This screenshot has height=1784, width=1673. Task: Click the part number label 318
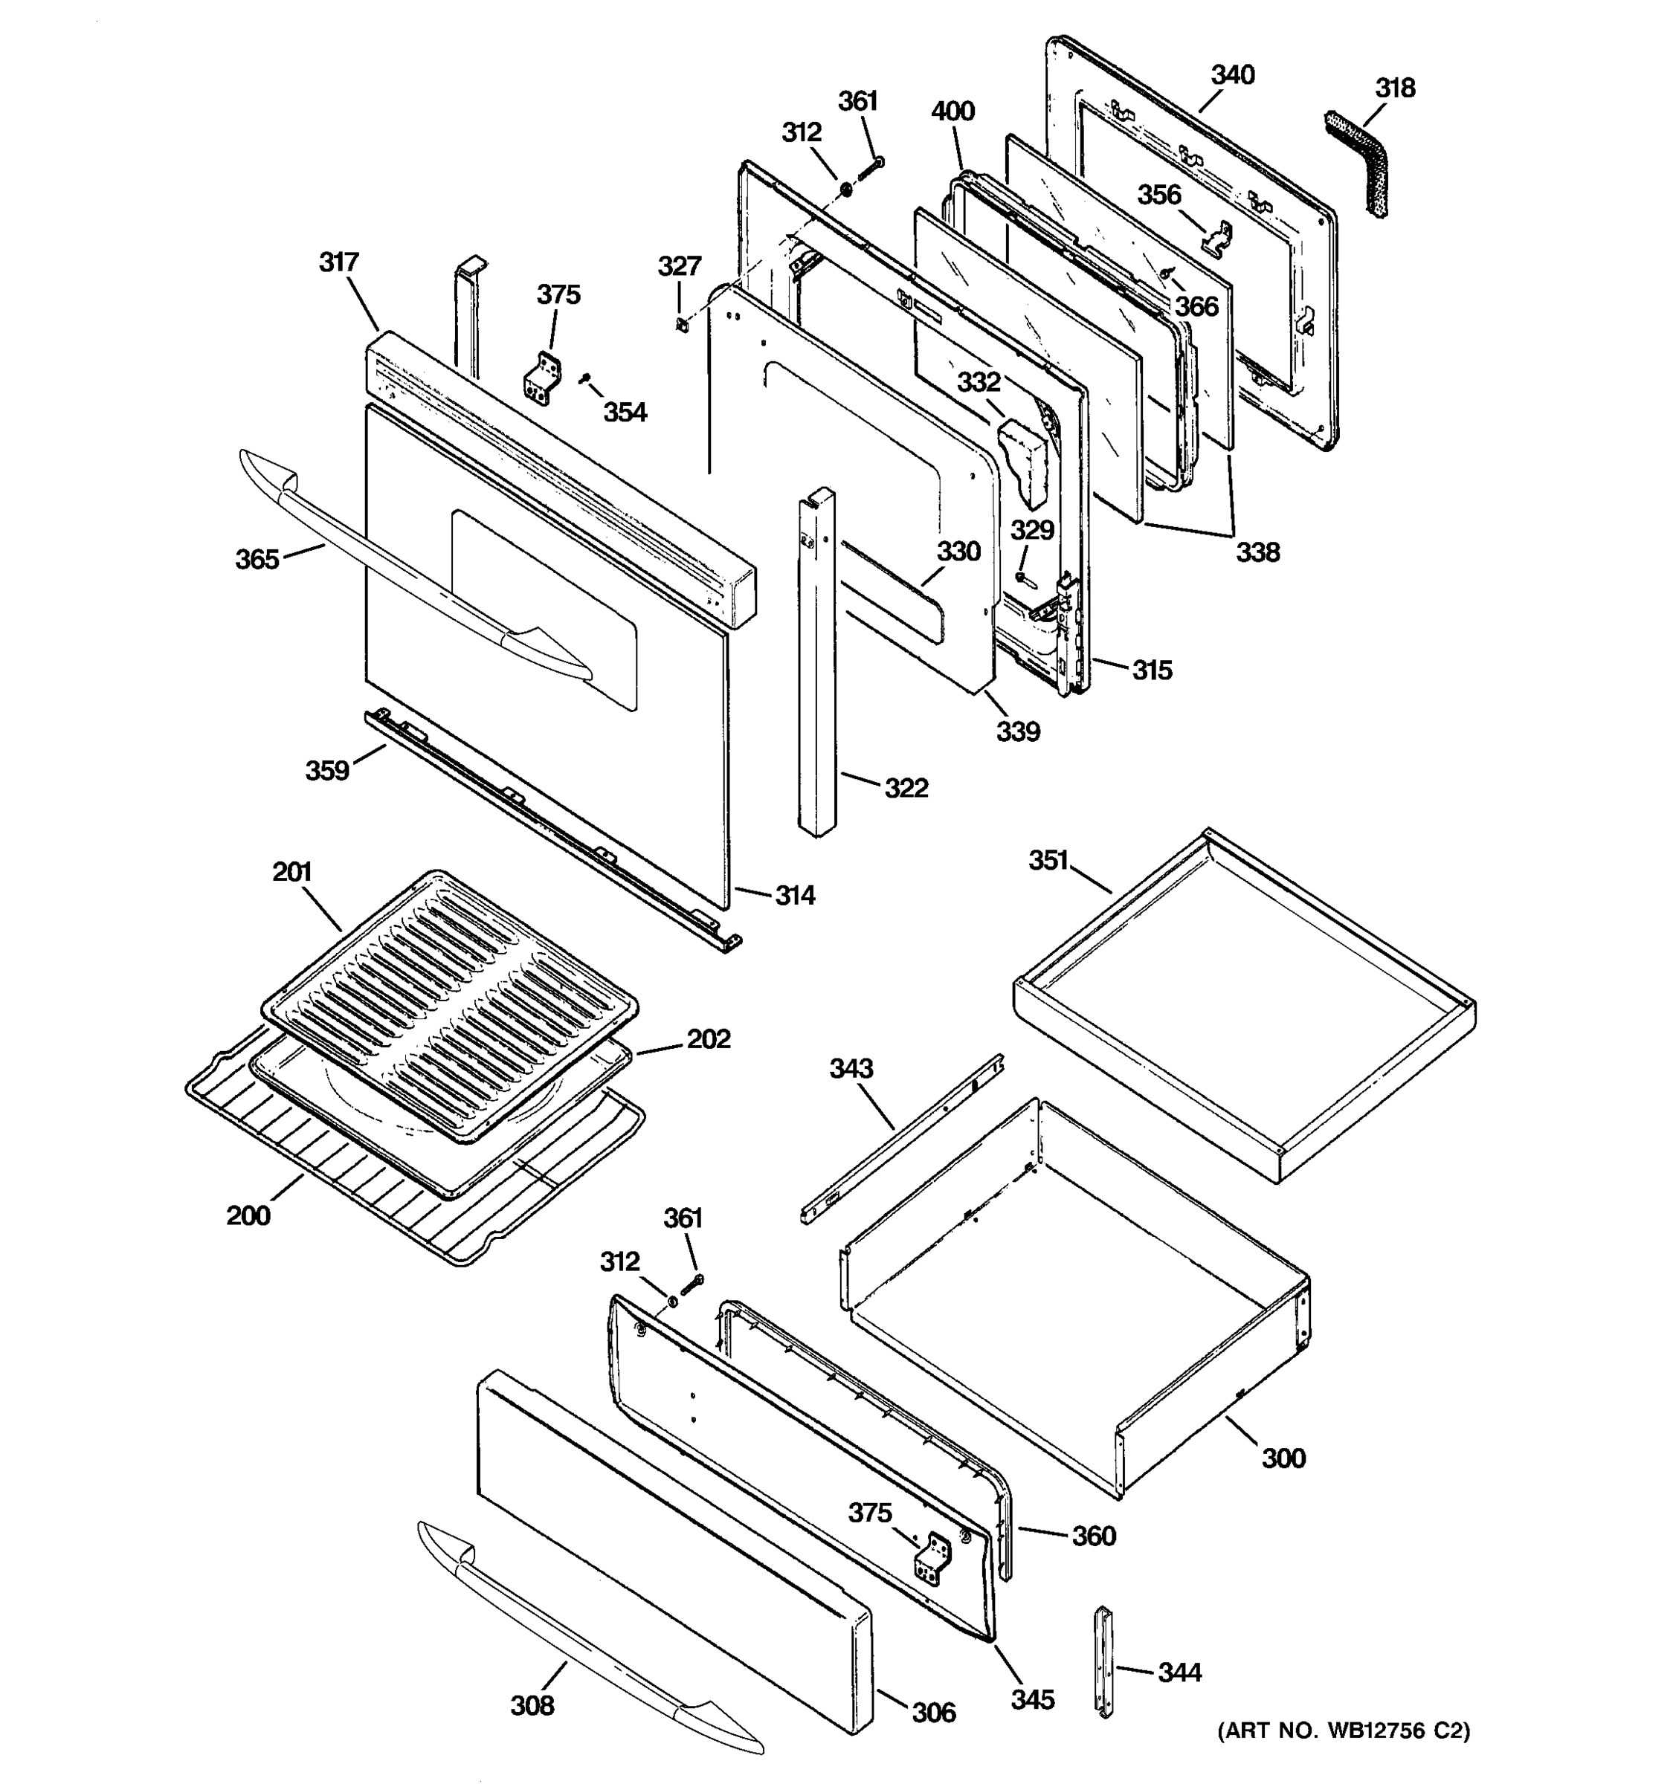[1395, 88]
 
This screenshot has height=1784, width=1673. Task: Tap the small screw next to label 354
[584, 380]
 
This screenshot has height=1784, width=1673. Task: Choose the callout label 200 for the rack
[248, 1215]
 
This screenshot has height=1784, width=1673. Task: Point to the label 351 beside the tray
[1048, 860]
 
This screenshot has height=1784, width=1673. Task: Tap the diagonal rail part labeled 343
[902, 1140]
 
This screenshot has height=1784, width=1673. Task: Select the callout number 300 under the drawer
[1283, 1458]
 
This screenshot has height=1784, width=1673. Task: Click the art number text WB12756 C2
[1344, 1731]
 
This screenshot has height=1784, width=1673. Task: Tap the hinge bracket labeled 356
[1217, 236]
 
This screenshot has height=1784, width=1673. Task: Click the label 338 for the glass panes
[1257, 552]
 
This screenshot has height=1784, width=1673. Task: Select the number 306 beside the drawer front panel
[933, 1712]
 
